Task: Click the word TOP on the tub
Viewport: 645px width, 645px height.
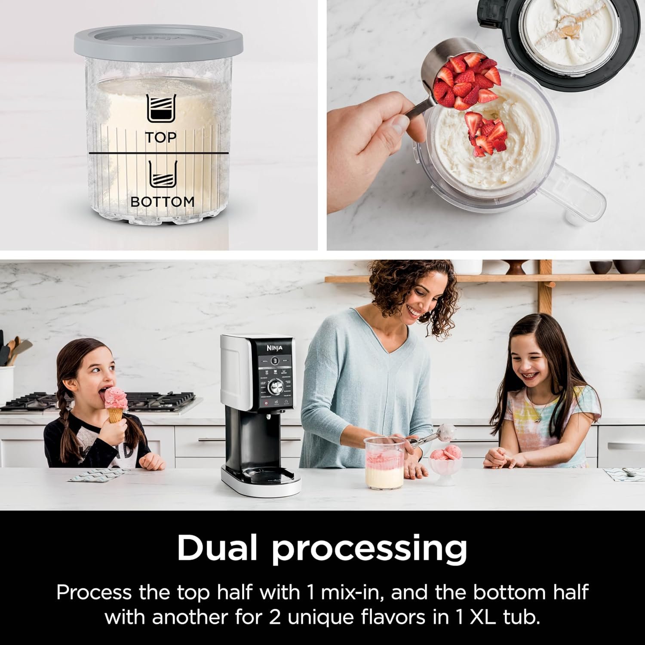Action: tap(160, 138)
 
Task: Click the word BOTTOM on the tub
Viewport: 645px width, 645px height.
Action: tap(162, 201)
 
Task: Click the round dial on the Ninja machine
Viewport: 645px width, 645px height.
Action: tap(275, 387)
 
